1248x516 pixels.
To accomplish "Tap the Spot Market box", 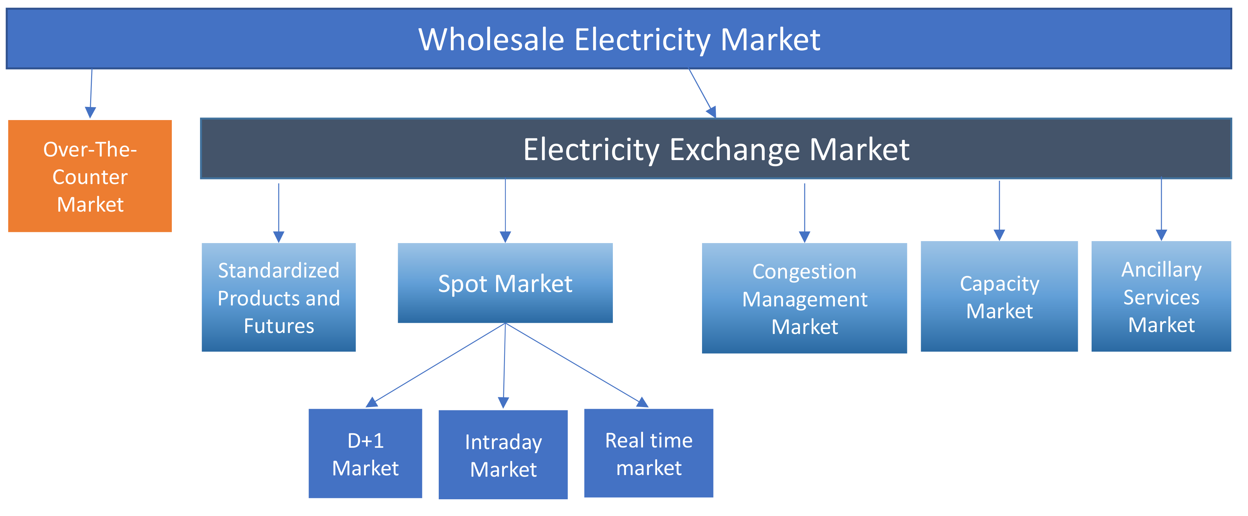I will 505,283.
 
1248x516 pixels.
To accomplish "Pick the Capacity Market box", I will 999,297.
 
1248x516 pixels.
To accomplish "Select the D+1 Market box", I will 365,453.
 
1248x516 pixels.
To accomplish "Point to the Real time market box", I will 648,453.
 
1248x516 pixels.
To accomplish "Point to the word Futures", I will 279,326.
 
